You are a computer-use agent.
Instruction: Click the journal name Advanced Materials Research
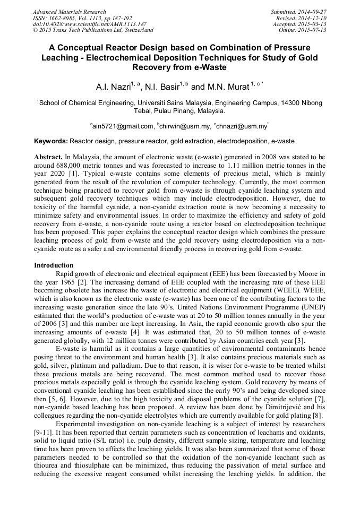coord(69,12)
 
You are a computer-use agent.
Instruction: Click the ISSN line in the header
coord(82,18)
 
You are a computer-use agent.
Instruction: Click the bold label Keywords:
coord(51,142)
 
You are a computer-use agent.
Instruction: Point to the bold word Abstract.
coord(48,158)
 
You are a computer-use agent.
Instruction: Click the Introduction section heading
coord(54,265)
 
